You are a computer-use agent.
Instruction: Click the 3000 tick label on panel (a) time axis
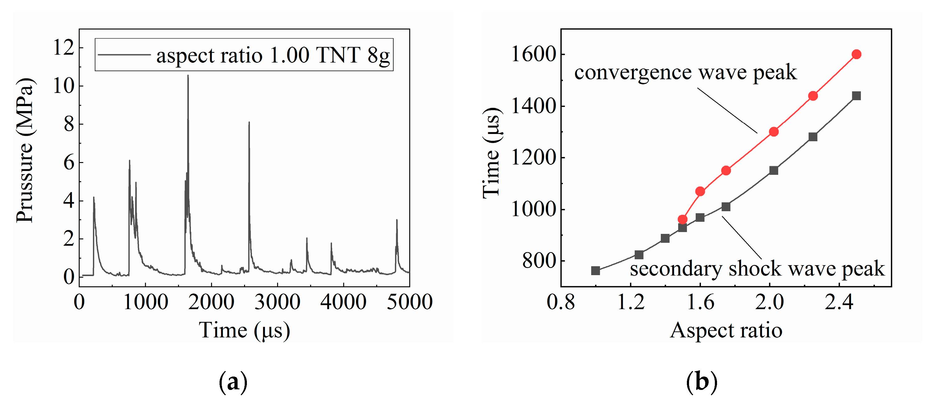point(277,302)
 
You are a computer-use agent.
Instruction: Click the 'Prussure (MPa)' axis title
point(25,150)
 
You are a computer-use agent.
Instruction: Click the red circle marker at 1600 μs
point(856,54)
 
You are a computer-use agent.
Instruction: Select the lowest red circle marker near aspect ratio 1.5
point(683,219)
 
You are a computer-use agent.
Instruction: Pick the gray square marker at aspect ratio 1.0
point(595,271)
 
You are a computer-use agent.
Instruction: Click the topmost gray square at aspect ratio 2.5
point(856,96)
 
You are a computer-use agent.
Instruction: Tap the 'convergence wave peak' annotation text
point(685,72)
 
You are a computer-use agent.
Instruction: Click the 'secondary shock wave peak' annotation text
point(757,269)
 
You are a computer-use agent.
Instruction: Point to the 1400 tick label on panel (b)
point(534,106)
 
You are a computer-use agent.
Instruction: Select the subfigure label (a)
point(233,382)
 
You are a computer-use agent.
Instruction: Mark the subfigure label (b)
point(701,382)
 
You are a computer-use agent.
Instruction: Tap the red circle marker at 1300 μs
point(774,132)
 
